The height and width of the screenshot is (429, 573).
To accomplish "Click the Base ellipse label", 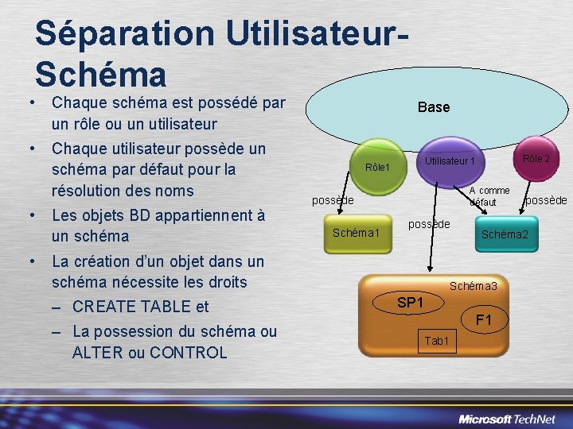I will [x=433, y=107].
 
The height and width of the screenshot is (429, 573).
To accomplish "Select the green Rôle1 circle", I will [x=376, y=168].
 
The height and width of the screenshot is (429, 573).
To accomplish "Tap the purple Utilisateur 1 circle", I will [x=450, y=162].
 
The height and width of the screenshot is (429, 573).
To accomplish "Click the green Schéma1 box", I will [x=357, y=233].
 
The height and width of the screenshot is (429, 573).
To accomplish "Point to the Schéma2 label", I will [x=504, y=234].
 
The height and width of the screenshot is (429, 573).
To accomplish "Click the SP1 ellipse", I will [x=411, y=303].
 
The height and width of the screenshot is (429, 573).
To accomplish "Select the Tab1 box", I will [x=437, y=341].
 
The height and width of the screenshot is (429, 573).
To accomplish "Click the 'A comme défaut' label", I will [x=489, y=196].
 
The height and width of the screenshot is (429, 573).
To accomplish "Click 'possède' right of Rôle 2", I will [x=547, y=200].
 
